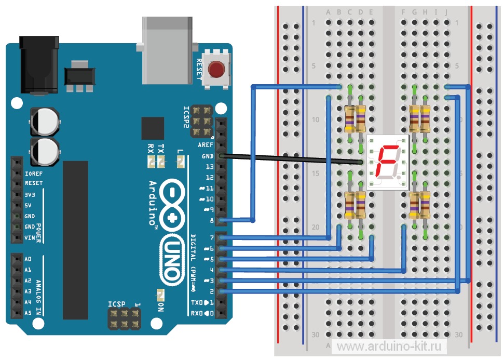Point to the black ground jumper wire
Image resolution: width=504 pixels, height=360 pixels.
click(x=291, y=159)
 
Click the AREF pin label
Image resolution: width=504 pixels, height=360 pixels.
click(x=206, y=145)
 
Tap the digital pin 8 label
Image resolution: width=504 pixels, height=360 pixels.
click(x=211, y=221)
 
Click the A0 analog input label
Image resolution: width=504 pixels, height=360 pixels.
click(x=28, y=259)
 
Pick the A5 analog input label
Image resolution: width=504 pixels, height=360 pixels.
click(x=28, y=313)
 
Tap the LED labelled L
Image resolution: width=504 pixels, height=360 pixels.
click(x=180, y=163)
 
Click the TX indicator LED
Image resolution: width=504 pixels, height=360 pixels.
click(x=161, y=163)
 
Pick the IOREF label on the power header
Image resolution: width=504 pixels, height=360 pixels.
click(x=33, y=173)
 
